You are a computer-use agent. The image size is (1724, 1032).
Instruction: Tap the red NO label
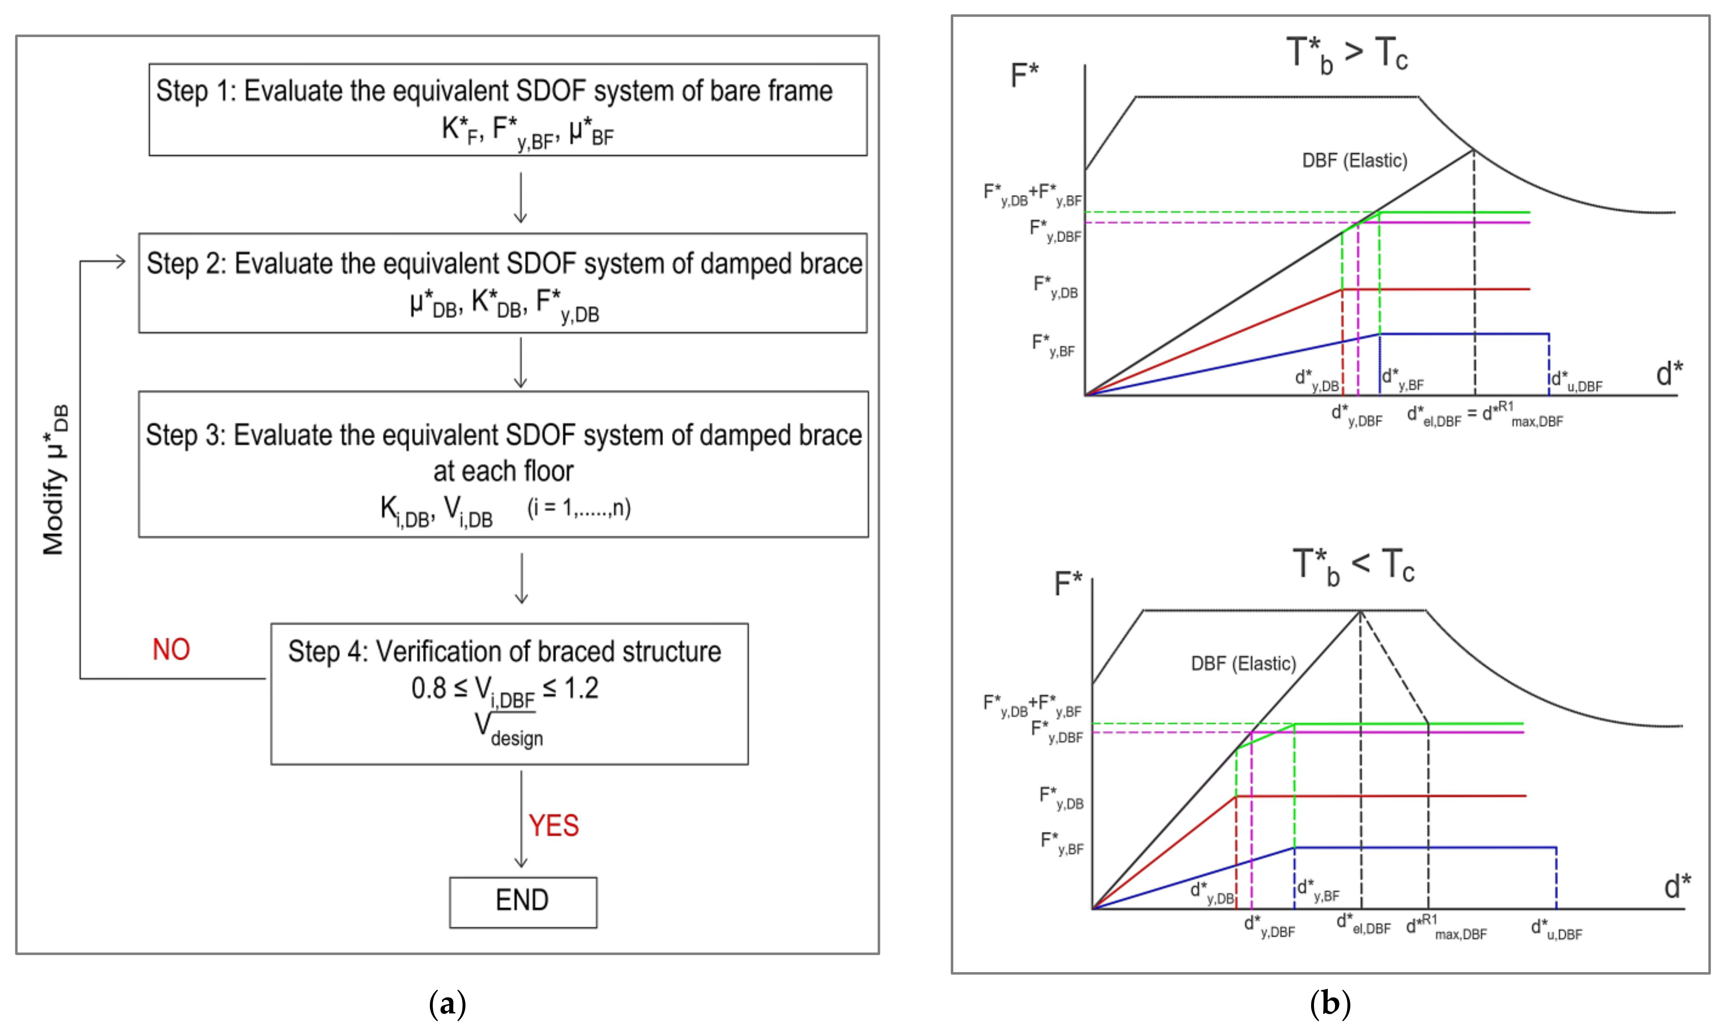pos(171,650)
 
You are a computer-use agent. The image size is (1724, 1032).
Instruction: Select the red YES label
pos(554,826)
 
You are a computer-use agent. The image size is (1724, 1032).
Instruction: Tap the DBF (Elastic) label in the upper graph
pos(1354,161)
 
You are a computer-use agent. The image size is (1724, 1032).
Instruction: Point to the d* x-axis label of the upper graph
pos(1669,374)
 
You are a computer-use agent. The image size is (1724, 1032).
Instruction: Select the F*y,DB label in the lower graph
pos(1061,798)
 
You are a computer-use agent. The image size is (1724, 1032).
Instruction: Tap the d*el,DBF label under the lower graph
pos(1363,924)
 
